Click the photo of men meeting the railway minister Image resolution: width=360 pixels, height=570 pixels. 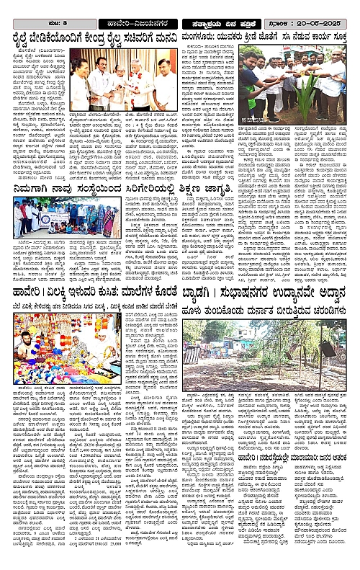(126, 82)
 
